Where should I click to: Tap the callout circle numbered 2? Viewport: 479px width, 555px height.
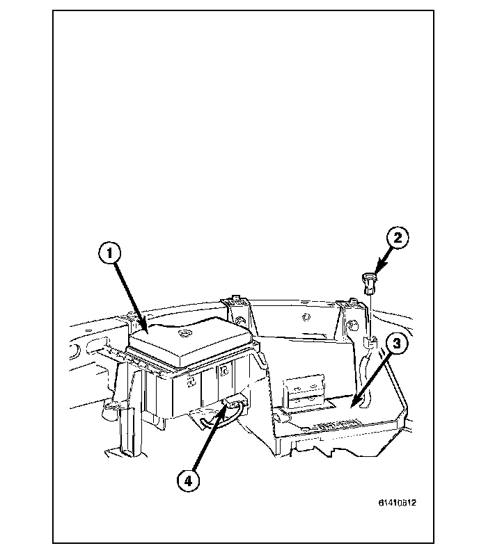397,239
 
